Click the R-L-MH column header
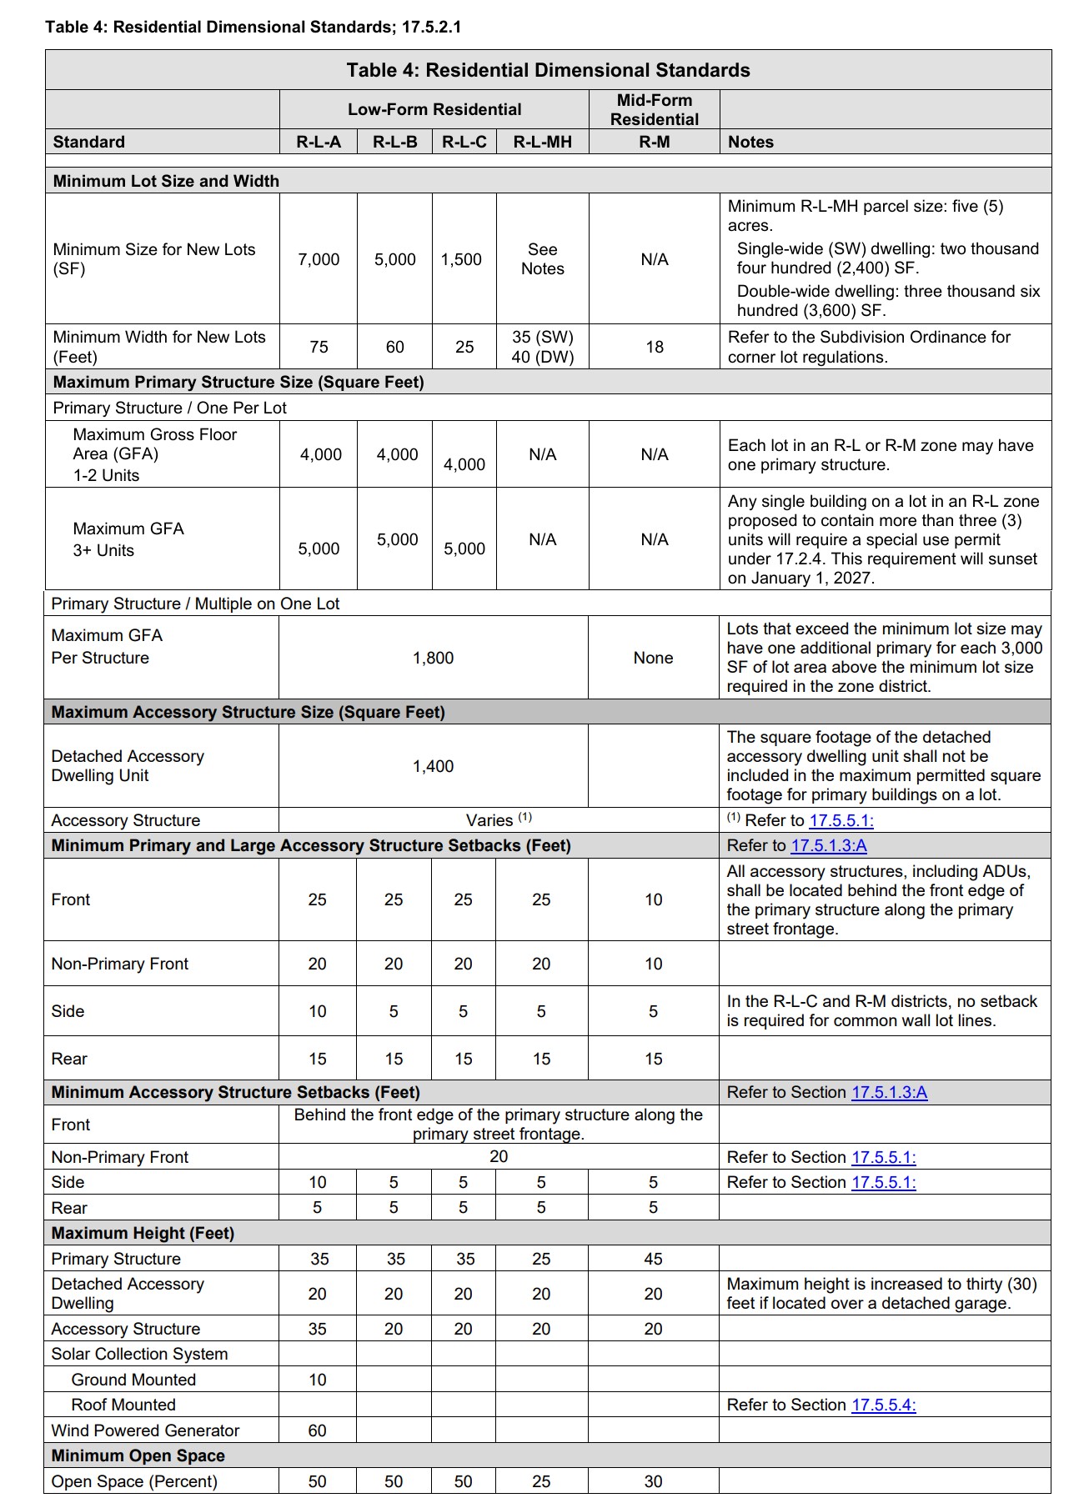click(542, 142)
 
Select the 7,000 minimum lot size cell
click(319, 259)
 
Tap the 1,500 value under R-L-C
click(462, 259)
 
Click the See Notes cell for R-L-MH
click(542, 259)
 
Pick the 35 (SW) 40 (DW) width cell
click(542, 347)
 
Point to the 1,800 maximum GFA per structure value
click(433, 658)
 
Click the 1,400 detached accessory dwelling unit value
click(433, 766)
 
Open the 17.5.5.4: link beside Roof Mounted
click(883, 1405)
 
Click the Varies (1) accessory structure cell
click(498, 820)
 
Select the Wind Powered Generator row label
click(145, 1430)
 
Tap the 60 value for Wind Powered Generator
click(318, 1430)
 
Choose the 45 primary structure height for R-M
click(653, 1259)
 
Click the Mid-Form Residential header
click(654, 109)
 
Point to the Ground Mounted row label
click(133, 1380)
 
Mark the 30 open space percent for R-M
click(653, 1481)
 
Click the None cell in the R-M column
click(653, 658)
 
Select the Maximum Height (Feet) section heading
click(143, 1233)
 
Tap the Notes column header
click(750, 142)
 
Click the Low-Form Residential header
click(434, 109)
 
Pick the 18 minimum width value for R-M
click(655, 347)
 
